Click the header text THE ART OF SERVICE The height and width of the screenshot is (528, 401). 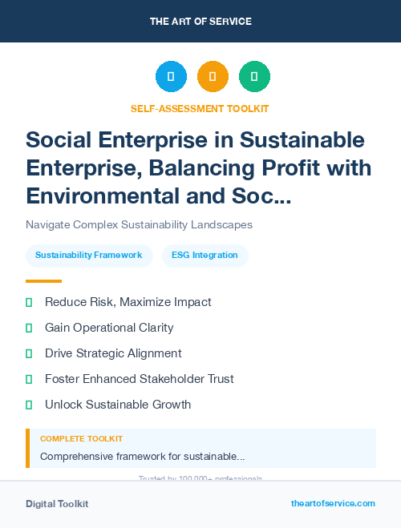click(200, 21)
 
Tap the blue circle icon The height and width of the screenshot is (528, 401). click(171, 77)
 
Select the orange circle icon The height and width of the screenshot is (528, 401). click(213, 77)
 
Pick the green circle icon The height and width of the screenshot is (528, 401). click(254, 77)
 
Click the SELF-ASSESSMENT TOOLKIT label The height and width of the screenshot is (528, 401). click(200, 108)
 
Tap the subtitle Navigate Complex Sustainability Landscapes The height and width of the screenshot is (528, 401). click(139, 225)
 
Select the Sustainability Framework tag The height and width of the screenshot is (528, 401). click(89, 256)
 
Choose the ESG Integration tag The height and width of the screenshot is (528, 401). click(205, 256)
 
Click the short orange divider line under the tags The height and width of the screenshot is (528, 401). click(43, 281)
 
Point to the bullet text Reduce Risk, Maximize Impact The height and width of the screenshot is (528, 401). click(128, 302)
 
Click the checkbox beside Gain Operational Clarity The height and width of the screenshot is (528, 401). click(29, 328)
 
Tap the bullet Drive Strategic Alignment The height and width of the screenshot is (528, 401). click(113, 353)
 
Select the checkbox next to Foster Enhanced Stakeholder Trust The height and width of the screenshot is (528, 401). click(29, 379)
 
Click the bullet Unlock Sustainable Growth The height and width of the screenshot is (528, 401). click(118, 405)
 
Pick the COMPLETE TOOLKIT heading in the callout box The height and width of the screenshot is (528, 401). click(81, 439)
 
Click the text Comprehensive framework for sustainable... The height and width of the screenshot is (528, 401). click(142, 457)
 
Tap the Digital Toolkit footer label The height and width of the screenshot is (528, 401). click(57, 504)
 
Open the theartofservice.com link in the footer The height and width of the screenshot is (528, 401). click(333, 503)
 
